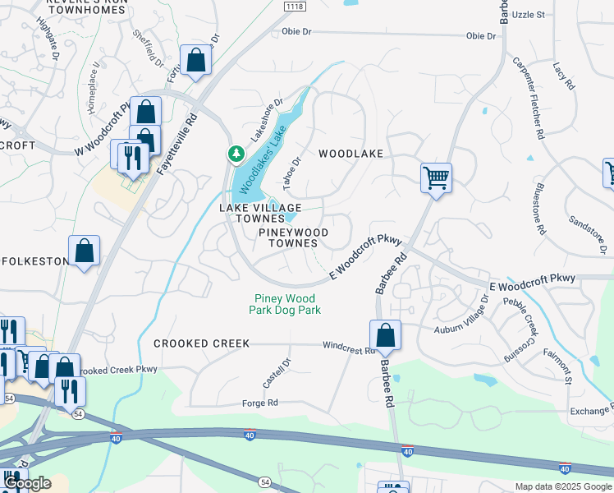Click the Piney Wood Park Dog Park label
(x=285, y=304)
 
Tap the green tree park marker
(x=236, y=154)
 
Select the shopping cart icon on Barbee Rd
(x=436, y=177)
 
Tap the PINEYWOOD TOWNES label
(x=293, y=238)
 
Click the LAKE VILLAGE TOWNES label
(x=259, y=213)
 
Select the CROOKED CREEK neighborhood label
(x=200, y=343)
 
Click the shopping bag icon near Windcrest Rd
(x=385, y=335)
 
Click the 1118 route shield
(x=293, y=7)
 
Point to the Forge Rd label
(x=260, y=403)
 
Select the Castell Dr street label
(x=276, y=373)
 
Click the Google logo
(x=27, y=483)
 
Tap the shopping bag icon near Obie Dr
(x=195, y=60)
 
